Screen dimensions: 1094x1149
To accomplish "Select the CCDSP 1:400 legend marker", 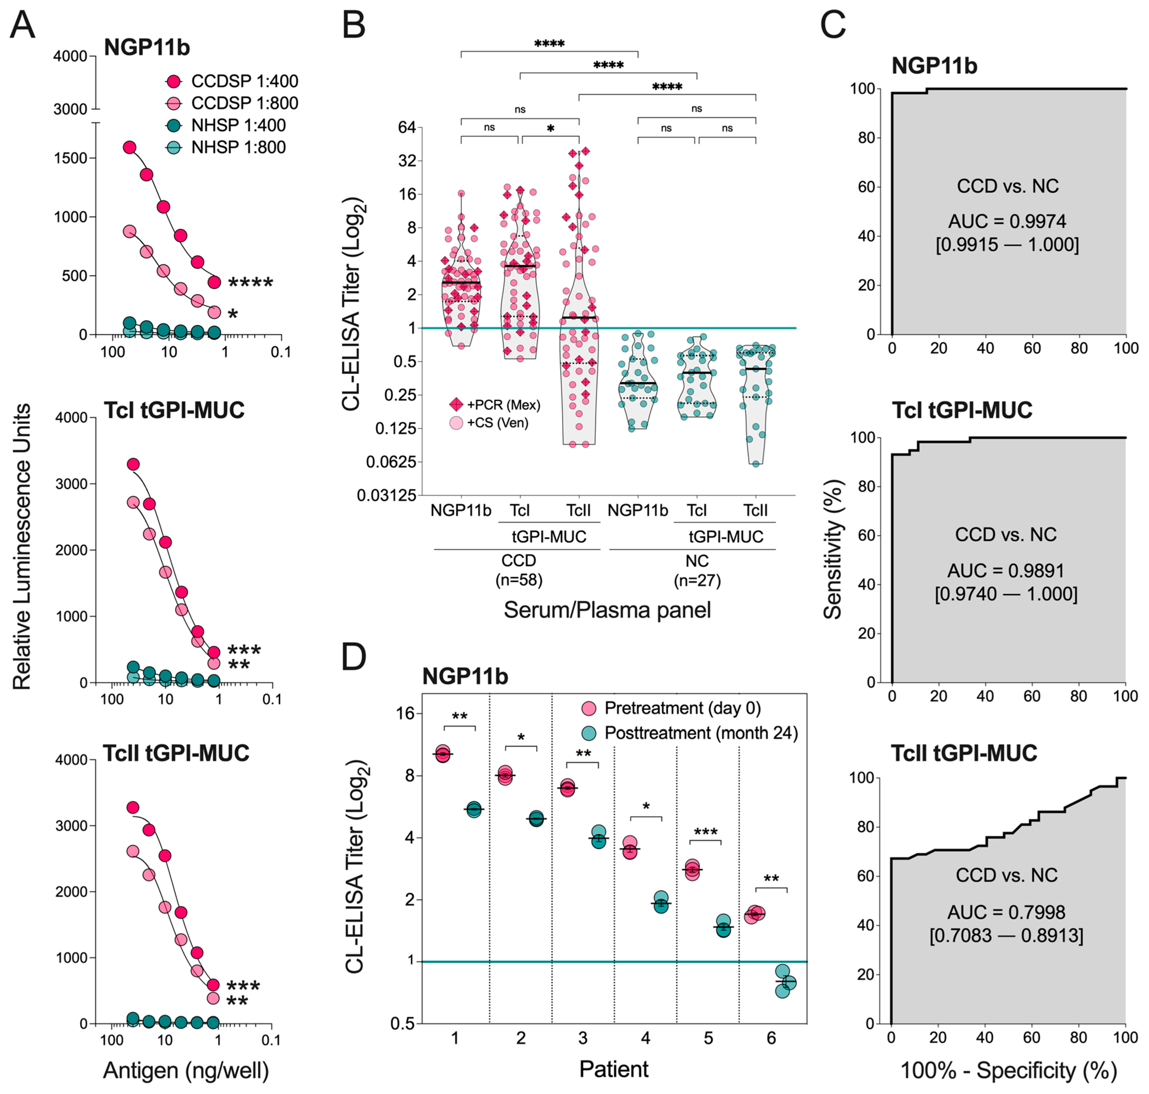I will tap(174, 81).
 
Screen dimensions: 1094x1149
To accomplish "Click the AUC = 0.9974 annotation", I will tap(1007, 222).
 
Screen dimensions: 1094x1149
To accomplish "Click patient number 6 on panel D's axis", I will tap(771, 1038).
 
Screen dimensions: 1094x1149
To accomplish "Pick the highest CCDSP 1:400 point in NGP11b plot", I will tap(129, 147).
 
